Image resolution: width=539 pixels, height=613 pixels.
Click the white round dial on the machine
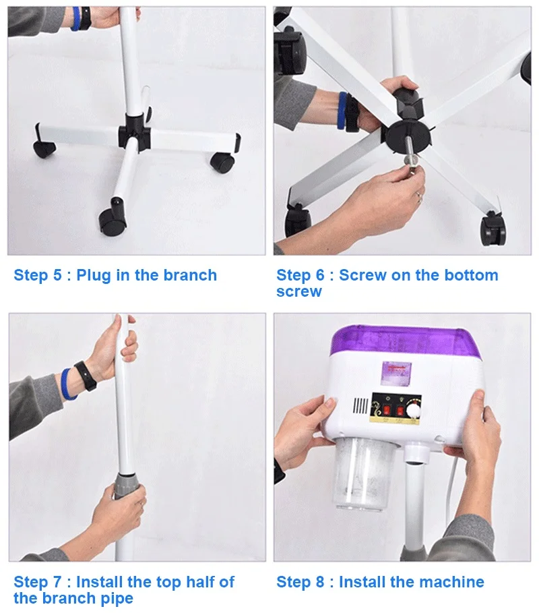coord(412,411)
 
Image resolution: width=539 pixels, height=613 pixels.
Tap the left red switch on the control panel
coord(386,411)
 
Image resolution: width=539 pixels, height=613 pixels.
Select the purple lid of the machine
coord(406,342)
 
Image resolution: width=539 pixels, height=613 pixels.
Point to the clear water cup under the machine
coord(363,474)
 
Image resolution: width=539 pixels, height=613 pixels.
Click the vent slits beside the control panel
coord(360,406)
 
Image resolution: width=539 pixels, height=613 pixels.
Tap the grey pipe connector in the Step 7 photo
coord(127,486)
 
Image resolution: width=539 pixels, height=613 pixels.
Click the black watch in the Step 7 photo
coord(86,376)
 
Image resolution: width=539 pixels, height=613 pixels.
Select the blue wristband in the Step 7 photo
coord(68,384)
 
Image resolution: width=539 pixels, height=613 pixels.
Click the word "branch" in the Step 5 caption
coord(190,275)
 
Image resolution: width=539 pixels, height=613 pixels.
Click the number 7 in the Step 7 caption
coord(57,582)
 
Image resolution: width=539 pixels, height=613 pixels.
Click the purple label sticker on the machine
coord(396,372)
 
